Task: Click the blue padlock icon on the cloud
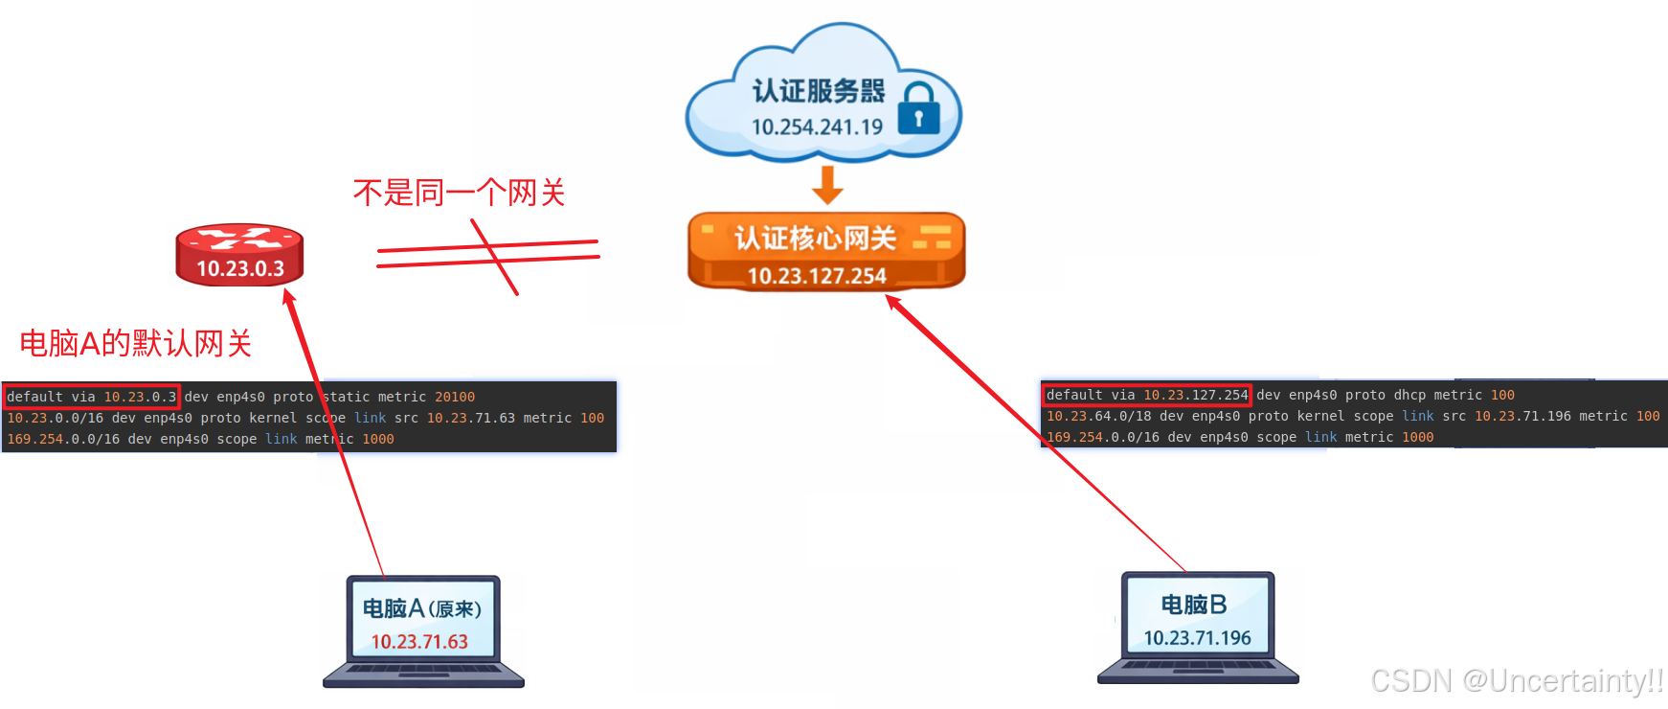point(918,109)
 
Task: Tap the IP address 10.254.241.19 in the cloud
point(817,127)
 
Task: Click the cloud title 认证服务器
point(819,91)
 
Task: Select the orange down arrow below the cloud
point(827,185)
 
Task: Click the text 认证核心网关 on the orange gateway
point(815,238)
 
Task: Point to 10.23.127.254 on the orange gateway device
point(817,276)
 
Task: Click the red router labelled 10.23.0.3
point(239,256)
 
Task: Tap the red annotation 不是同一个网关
point(459,193)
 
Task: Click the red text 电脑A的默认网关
point(135,343)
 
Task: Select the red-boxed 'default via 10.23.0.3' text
point(91,397)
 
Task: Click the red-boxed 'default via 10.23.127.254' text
point(1146,395)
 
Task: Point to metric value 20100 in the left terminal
point(455,397)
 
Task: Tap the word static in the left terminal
point(346,397)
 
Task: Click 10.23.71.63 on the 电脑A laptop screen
point(419,642)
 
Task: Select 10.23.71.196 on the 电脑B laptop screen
point(1197,638)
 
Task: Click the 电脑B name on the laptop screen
point(1193,605)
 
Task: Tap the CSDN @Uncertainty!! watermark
point(1517,680)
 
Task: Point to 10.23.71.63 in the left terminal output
point(470,418)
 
